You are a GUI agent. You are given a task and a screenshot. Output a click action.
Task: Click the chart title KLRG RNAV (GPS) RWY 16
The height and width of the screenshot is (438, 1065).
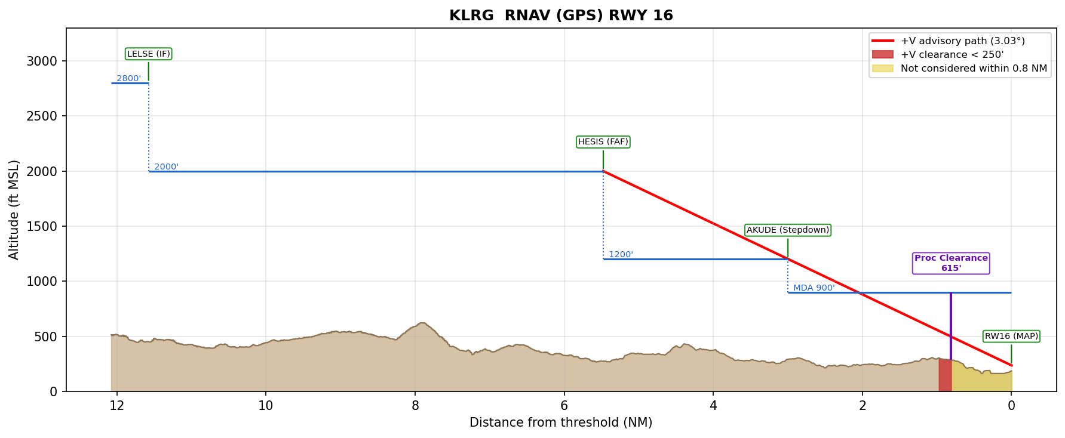click(561, 16)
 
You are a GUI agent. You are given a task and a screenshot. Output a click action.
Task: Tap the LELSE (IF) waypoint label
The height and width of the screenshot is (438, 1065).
click(149, 54)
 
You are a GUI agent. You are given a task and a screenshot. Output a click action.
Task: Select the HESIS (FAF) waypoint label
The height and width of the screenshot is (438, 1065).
click(603, 142)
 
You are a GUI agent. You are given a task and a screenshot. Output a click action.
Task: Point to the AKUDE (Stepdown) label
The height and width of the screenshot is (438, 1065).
click(788, 230)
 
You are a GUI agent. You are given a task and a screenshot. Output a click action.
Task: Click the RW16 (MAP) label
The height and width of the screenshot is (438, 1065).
click(1011, 337)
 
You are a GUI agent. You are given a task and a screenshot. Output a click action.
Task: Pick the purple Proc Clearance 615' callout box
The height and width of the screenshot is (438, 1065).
click(951, 263)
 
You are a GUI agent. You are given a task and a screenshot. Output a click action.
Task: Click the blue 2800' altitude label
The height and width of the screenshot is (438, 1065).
click(128, 79)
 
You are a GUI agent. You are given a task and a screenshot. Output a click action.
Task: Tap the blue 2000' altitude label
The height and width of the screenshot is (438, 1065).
click(166, 167)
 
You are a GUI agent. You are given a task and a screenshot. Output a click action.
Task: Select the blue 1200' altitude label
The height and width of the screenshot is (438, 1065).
click(621, 255)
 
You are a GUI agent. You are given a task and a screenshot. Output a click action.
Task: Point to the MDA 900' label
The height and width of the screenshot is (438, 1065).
click(814, 288)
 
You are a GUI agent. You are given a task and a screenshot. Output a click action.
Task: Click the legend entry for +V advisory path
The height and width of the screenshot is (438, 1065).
click(962, 41)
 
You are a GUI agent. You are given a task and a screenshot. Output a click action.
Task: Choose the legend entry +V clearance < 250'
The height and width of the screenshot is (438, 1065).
click(952, 55)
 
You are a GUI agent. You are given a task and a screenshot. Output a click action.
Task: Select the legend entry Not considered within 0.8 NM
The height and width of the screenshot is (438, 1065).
click(974, 69)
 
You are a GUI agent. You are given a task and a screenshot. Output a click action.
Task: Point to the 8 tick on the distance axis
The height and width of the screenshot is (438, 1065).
click(415, 406)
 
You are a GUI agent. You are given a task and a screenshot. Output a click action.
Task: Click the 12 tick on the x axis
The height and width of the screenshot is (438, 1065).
click(116, 406)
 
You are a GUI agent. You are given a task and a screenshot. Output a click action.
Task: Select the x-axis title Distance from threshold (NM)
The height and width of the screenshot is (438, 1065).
click(561, 423)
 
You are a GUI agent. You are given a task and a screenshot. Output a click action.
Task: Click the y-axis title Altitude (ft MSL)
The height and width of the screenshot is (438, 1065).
click(14, 209)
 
